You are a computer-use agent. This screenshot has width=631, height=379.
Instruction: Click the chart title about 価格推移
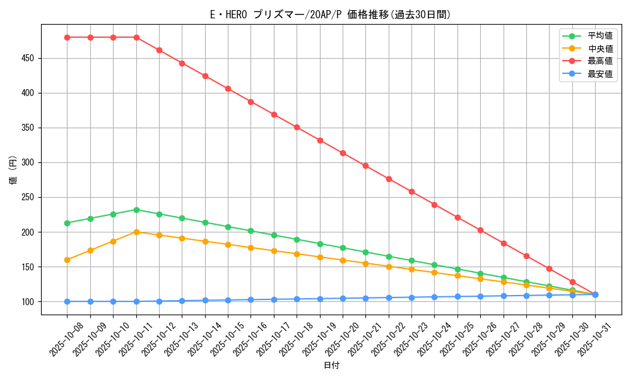tap(330, 15)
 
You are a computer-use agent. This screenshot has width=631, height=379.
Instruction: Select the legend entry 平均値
tap(599, 36)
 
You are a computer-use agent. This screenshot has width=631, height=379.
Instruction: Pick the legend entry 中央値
tap(599, 49)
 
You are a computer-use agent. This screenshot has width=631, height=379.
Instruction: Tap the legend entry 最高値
tap(599, 61)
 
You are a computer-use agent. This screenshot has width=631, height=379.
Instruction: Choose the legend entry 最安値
tap(599, 74)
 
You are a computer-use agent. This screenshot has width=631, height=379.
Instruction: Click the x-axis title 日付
tap(331, 366)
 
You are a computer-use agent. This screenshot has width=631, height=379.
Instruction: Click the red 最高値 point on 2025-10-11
tap(136, 37)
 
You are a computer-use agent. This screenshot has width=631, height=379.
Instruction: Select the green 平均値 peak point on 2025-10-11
tap(136, 210)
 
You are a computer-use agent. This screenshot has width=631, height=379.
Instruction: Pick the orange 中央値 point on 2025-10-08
tap(67, 260)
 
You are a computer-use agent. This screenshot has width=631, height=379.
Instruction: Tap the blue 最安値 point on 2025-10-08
tap(67, 301)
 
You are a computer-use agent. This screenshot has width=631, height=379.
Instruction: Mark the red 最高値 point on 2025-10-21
tap(365, 165)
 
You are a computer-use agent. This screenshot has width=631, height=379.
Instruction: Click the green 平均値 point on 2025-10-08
tap(67, 223)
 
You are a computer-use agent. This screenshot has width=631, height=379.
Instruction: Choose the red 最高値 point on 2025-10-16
tap(251, 102)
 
